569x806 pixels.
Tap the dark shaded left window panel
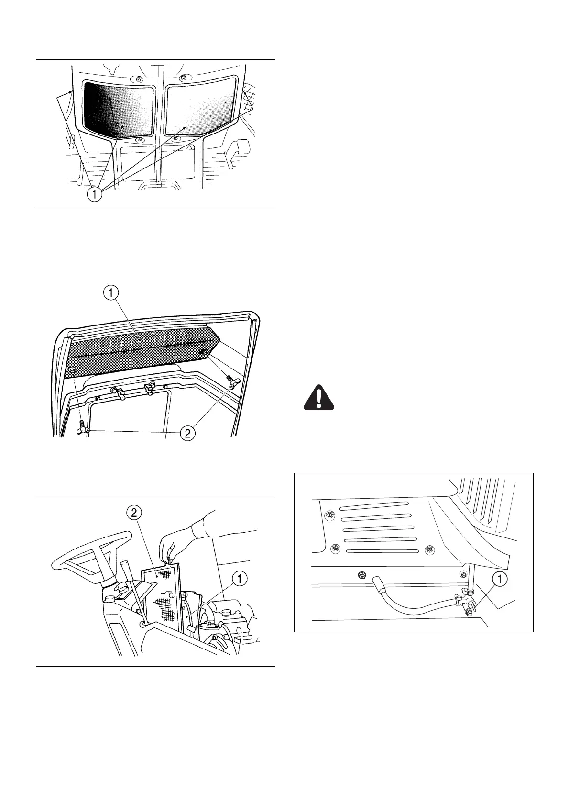(x=120, y=109)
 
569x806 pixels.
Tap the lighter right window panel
(x=201, y=108)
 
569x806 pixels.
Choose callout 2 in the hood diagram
(x=187, y=434)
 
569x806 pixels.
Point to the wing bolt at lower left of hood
(x=83, y=427)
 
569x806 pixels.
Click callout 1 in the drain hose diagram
(x=500, y=580)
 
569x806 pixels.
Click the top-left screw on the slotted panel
(x=328, y=515)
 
